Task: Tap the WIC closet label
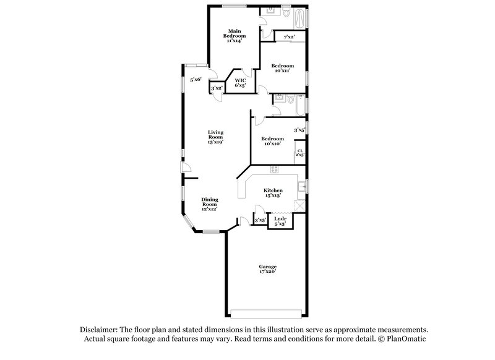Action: pyautogui.click(x=240, y=82)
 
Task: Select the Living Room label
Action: pyautogui.click(x=215, y=137)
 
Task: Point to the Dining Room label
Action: pyautogui.click(x=210, y=204)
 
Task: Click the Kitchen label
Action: pyautogui.click(x=273, y=192)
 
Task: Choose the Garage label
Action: pyautogui.click(x=267, y=268)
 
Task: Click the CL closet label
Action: pyautogui.click(x=300, y=152)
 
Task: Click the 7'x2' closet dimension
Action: pyautogui.click(x=289, y=38)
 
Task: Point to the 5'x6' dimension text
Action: pyautogui.click(x=196, y=79)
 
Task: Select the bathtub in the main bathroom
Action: pyautogui.click(x=301, y=19)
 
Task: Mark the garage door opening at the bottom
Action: pyautogui.click(x=267, y=311)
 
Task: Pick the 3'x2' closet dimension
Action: pyautogui.click(x=217, y=89)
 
